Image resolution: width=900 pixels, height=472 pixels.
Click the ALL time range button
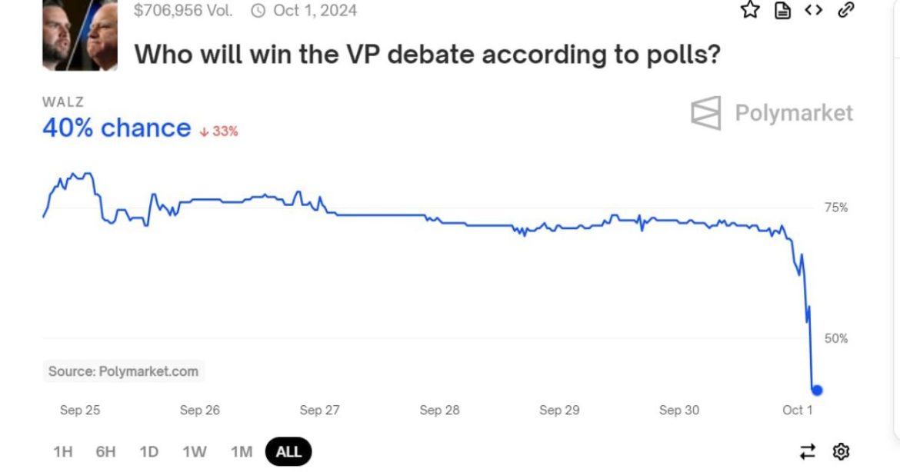tap(288, 451)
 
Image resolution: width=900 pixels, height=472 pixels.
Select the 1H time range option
tap(62, 451)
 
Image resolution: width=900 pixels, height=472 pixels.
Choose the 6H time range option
tap(105, 451)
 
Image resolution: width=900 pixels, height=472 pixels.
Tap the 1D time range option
tap(148, 451)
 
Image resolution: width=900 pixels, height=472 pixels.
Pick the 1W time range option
tap(195, 451)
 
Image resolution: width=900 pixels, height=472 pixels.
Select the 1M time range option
tap(242, 451)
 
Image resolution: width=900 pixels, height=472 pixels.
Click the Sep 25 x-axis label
tap(80, 410)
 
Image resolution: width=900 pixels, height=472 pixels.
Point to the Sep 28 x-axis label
tap(439, 410)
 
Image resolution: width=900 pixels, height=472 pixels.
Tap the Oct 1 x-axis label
tap(797, 410)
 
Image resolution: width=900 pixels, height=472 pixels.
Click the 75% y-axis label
tap(835, 208)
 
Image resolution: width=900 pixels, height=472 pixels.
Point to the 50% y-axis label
tap(835, 338)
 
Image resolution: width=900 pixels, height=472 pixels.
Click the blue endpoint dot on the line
tap(817, 390)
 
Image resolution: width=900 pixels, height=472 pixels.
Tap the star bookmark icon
tap(750, 10)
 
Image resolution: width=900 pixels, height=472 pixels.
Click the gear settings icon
tap(841, 451)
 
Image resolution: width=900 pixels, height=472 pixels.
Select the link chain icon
tap(846, 10)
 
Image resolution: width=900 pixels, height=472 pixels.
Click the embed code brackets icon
tap(814, 10)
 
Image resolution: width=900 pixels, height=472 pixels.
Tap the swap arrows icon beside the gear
tap(808, 451)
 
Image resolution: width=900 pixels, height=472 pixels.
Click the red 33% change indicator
tap(219, 131)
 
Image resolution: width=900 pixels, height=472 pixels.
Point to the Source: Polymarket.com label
tap(123, 371)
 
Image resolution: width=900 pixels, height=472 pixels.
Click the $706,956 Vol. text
tap(182, 11)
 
